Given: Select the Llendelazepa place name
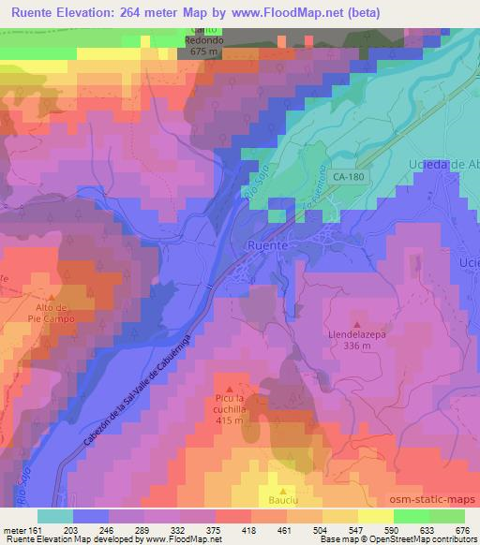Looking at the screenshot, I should pyautogui.click(x=359, y=332).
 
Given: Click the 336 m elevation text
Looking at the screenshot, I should pyautogui.click(x=359, y=346).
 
